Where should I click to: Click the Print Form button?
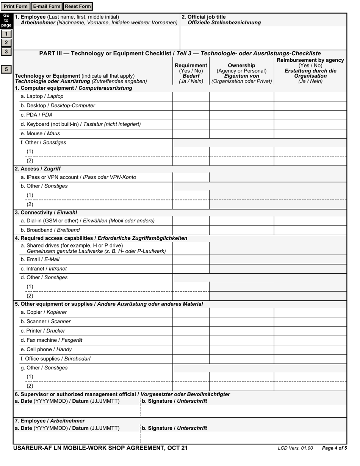tap(16, 6)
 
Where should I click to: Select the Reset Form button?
tap(78, 6)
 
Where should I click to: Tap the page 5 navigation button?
tap(6, 69)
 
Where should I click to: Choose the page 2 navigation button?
tap(6, 42)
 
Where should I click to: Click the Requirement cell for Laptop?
tap(191, 97)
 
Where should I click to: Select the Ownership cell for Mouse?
tap(241, 134)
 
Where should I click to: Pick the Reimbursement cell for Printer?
tap(310, 331)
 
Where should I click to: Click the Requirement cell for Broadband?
tap(191, 230)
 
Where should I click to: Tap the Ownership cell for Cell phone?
tap(241, 350)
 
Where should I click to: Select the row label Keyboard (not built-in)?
tap(81, 124)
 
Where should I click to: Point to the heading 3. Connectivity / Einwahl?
tap(46, 213)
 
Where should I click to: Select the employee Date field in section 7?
tap(77, 438)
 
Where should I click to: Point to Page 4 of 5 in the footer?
tap(334, 448)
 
